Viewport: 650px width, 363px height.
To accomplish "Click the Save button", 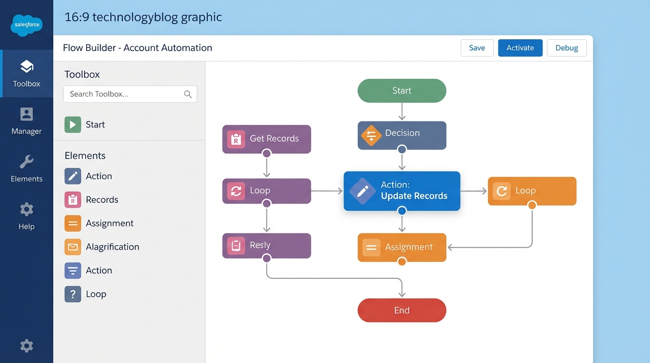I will coord(477,48).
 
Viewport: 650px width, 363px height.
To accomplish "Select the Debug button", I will coord(566,48).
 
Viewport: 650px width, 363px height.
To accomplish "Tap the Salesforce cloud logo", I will coord(26,25).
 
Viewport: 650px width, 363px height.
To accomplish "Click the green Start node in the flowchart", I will coord(402,91).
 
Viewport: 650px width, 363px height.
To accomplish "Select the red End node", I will coord(402,311).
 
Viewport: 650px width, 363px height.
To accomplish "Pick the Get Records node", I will coord(266,139).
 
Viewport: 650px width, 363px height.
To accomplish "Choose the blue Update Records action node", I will coord(402,190).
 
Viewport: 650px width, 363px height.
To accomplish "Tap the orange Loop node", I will coord(532,191).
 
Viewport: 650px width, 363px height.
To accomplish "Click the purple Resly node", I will coord(266,245).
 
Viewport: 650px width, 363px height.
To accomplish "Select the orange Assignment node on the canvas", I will coord(402,247).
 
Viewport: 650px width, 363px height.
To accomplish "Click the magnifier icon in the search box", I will coord(188,94).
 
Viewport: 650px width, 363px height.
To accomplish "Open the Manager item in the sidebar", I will coord(26,121).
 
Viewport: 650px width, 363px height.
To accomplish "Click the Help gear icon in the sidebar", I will coord(26,209).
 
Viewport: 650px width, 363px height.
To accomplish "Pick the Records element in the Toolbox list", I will coord(102,200).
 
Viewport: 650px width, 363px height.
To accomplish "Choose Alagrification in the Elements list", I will coord(112,247).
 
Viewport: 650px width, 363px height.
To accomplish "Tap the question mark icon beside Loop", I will coord(73,294).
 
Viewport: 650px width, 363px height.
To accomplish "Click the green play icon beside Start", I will coord(73,125).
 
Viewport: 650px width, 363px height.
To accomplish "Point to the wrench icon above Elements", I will coord(26,162).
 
